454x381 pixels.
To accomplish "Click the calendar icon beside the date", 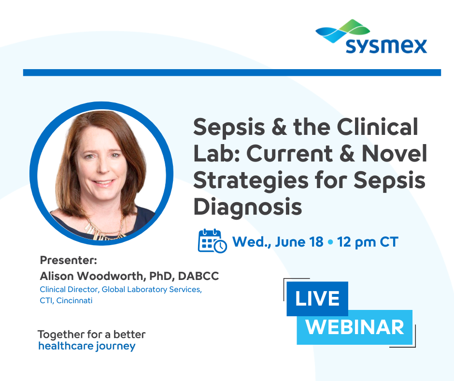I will pyautogui.click(x=212, y=240).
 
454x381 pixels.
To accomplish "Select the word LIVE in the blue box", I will pyautogui.click(x=317, y=299).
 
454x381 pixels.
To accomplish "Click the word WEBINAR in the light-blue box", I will pyautogui.click(x=355, y=327).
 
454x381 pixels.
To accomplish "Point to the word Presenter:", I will pyautogui.click(x=69, y=261).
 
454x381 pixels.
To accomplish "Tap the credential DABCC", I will pyautogui.click(x=199, y=276).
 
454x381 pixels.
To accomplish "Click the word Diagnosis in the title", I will pyautogui.click(x=248, y=206).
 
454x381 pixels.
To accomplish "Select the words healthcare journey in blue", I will pyautogui.click(x=86, y=346).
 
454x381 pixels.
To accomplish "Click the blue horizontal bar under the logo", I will pyautogui.click(x=232, y=73).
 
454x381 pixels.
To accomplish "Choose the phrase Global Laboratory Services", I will pyautogui.click(x=151, y=290).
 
